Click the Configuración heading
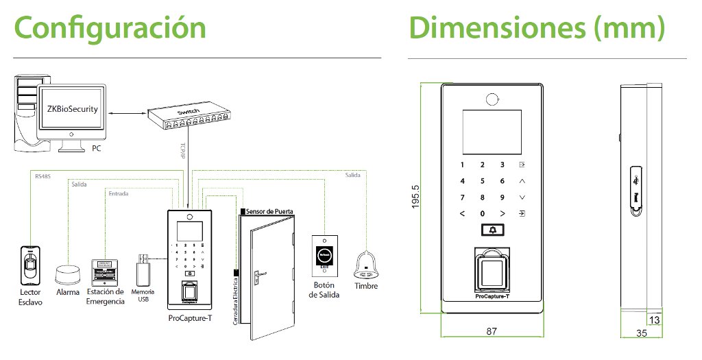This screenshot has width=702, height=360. (110, 29)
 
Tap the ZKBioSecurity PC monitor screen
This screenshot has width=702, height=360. (71, 110)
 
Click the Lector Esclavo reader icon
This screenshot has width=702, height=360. (30, 263)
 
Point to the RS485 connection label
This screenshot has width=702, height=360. (42, 177)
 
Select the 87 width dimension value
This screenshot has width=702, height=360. (491, 331)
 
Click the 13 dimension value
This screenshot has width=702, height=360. (654, 320)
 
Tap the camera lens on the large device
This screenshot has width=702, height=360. (492, 99)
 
